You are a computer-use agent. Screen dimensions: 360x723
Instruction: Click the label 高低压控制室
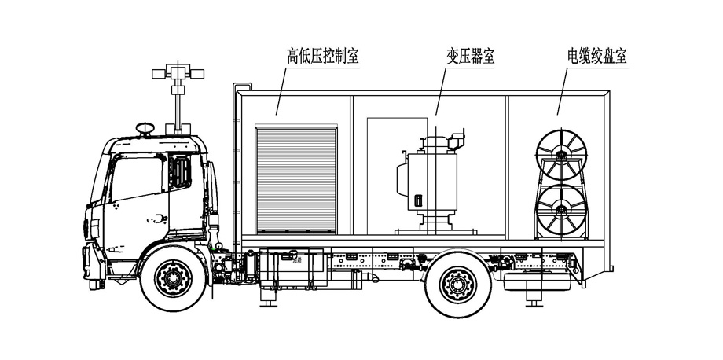coord(323,57)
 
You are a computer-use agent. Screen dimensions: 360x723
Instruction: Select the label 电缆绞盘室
coord(601,57)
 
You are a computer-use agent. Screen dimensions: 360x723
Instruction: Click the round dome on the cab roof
coord(145,127)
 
